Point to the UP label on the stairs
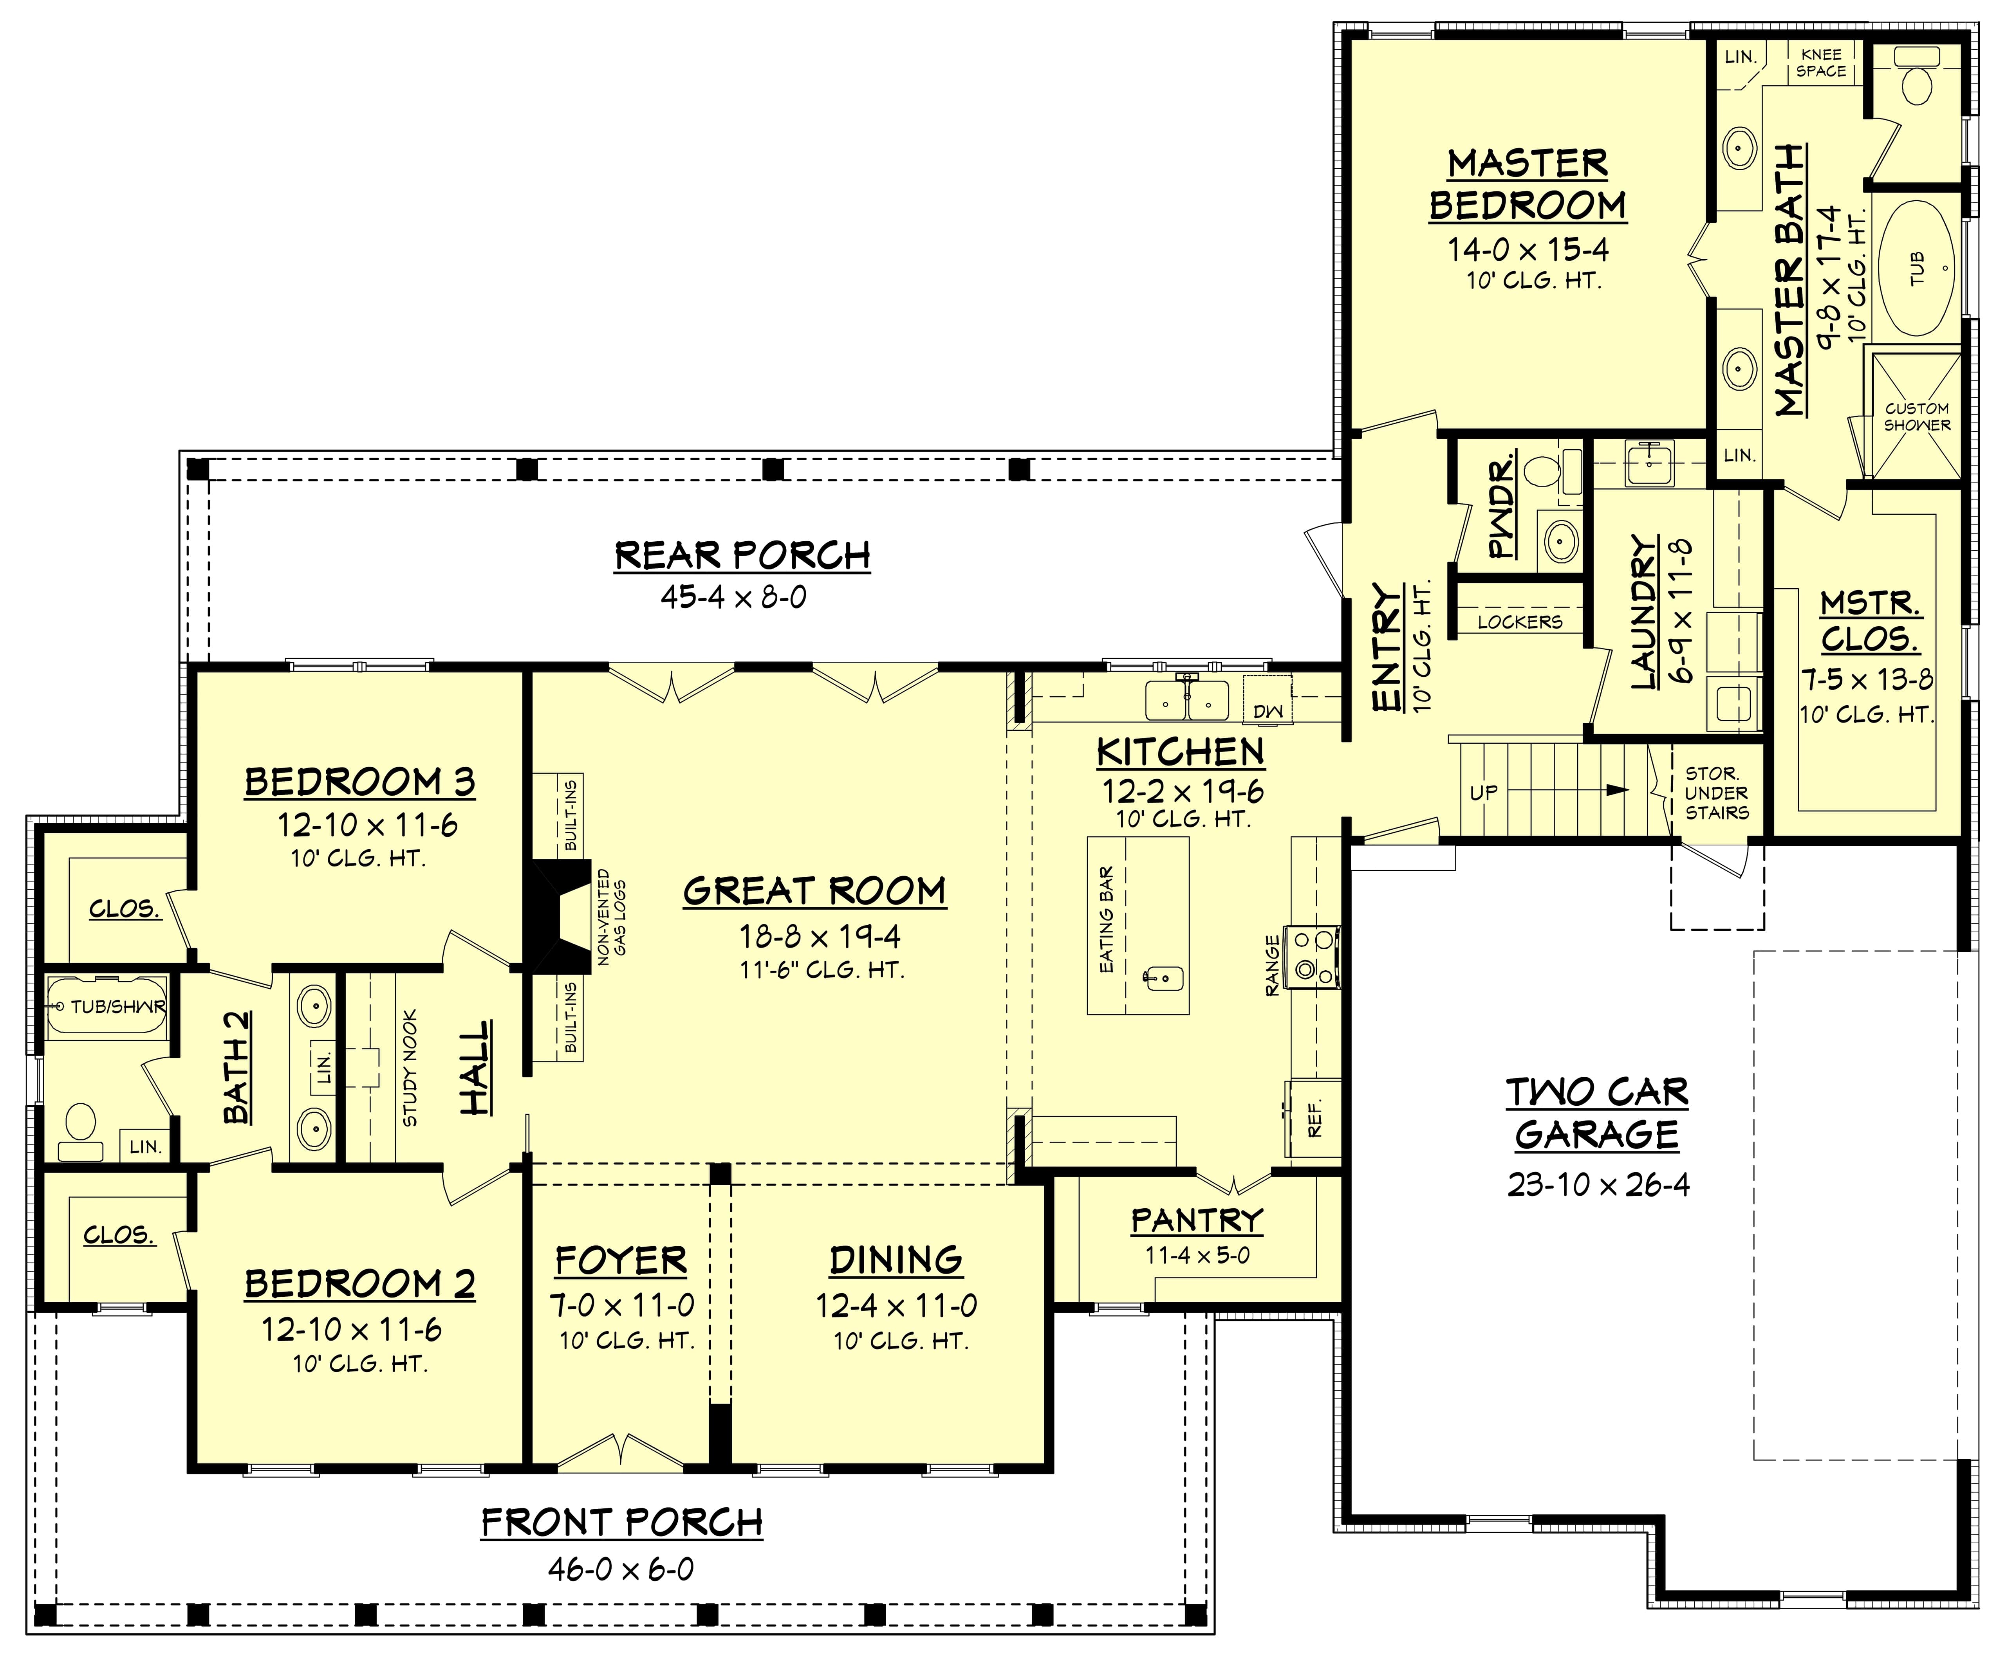coord(1484,792)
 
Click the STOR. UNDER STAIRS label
coord(1717,793)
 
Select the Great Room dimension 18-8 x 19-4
coord(819,936)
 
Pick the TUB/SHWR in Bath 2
coord(107,1006)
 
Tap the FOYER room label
coord(621,1261)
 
